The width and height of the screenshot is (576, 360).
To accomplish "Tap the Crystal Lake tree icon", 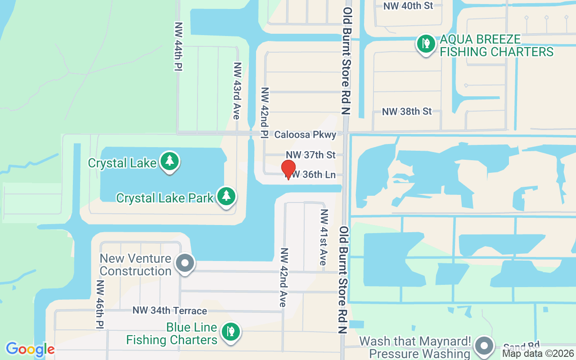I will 170,162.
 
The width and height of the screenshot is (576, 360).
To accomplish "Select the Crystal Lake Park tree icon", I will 226,197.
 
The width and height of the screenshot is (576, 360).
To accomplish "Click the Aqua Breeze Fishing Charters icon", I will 426,44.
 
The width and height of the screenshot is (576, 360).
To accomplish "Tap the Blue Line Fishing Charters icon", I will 231,332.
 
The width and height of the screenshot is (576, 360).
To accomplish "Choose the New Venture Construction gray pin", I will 184,263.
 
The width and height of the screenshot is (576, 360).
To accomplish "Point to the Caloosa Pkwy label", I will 305,135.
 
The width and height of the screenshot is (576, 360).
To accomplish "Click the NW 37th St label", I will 310,155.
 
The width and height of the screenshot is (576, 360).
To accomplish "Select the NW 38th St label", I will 406,111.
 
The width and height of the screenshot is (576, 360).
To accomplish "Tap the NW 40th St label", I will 408,6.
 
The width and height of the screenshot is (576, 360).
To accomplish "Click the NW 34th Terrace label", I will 170,310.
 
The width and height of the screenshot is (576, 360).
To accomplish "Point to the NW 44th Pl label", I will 178,46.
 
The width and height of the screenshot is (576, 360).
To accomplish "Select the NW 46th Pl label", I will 100,304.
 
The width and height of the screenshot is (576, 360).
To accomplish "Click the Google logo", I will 30,349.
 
